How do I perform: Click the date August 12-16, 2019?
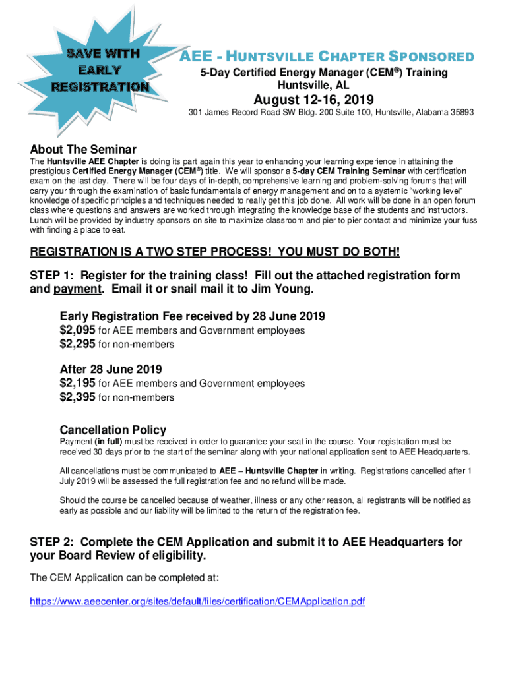tap(314, 100)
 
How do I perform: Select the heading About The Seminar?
tap(83, 149)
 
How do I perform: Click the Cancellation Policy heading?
tap(113, 430)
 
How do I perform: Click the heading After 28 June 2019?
tap(111, 368)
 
